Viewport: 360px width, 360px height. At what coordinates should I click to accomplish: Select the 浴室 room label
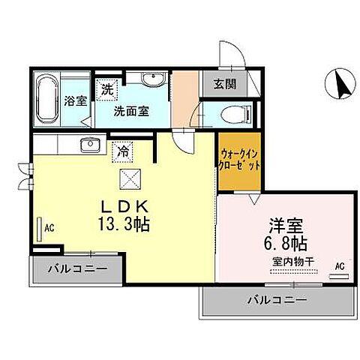click(x=75, y=100)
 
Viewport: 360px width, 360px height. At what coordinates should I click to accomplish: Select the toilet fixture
click(x=229, y=113)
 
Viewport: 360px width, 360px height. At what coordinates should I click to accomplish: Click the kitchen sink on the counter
click(x=91, y=144)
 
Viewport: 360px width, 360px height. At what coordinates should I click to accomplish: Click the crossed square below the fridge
click(x=127, y=178)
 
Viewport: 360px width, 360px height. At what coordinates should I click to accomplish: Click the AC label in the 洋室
click(x=339, y=265)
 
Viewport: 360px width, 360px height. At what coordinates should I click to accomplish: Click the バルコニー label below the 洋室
click(x=277, y=301)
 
